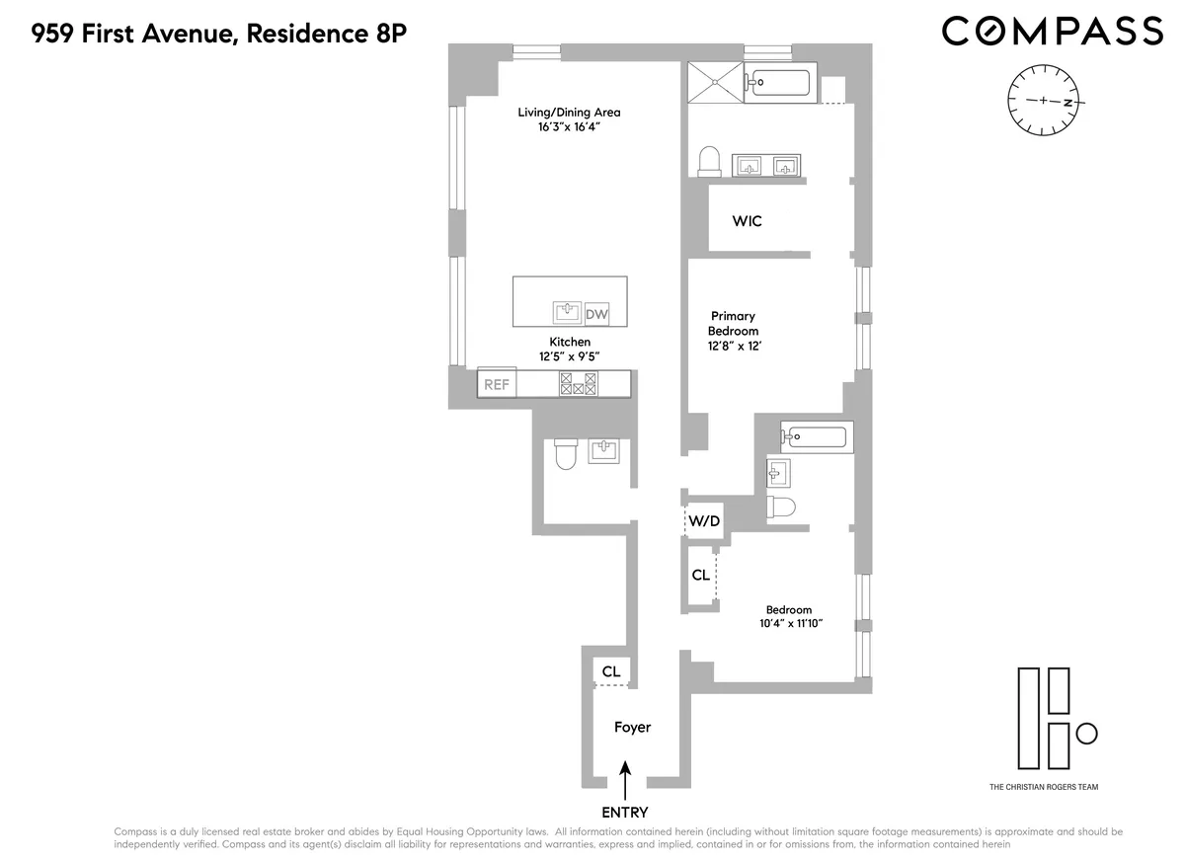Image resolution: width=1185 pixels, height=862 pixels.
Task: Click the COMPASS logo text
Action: click(1052, 31)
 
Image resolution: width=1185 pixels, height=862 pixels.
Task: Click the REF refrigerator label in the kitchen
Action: click(496, 384)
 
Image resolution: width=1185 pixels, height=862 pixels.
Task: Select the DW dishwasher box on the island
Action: click(596, 314)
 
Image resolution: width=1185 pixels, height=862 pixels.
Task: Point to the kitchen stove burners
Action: click(579, 384)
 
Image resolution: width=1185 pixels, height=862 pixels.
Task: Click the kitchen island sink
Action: click(567, 313)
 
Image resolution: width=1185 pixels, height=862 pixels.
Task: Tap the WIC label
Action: click(747, 221)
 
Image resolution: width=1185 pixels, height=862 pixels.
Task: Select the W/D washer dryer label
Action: click(703, 520)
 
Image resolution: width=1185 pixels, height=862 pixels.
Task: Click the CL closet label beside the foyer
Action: click(611, 671)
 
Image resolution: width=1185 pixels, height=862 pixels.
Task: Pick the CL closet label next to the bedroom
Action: click(700, 574)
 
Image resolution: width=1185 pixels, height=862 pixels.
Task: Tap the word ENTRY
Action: click(626, 812)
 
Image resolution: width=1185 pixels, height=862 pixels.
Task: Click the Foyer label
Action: click(632, 727)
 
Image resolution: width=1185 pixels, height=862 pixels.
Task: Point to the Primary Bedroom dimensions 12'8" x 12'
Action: click(734, 347)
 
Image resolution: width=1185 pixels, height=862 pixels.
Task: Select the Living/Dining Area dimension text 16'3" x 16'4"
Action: click(569, 127)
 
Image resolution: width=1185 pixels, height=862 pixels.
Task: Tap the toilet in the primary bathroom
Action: click(709, 161)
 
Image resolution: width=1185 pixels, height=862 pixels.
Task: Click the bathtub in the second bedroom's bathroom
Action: click(816, 435)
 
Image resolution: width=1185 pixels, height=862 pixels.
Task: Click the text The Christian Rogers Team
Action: click(1044, 787)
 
